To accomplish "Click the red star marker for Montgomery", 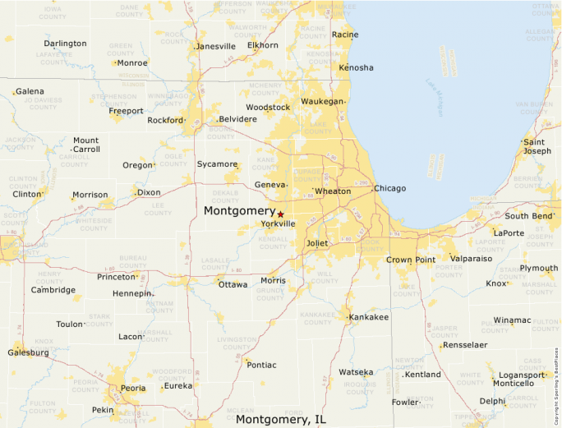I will click(280, 214).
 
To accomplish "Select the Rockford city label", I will click(165, 120).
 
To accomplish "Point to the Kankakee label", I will click(369, 316).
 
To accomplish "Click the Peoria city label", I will click(132, 388).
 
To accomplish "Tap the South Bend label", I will click(528, 216).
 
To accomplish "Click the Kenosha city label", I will click(356, 67).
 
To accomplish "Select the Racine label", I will click(345, 35).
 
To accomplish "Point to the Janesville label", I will click(216, 46).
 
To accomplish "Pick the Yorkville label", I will click(278, 223).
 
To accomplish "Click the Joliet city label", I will click(316, 243).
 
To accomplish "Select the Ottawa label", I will click(233, 284).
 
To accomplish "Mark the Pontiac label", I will click(261, 365).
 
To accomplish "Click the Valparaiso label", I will click(471, 258).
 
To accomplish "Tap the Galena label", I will click(30, 91).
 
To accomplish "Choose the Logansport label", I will click(522, 375).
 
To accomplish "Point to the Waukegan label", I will click(322, 101).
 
